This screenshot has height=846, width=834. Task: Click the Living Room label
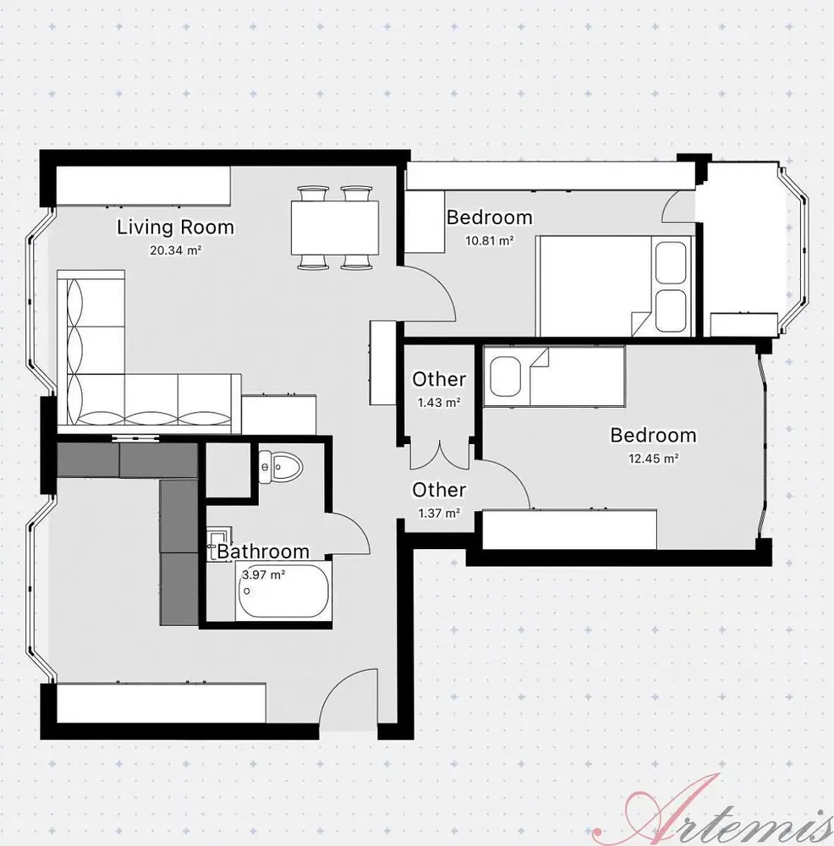pos(175,227)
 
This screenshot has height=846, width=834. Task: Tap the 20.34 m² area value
pos(176,250)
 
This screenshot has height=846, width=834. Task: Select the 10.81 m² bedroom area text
pos(489,240)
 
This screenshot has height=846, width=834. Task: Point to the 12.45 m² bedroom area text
pos(653,459)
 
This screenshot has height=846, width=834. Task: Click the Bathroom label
pos(263,552)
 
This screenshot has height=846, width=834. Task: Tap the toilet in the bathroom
pos(280,466)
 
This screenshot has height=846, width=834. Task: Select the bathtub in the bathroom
pos(283,591)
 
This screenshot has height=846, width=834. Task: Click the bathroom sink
pos(219,540)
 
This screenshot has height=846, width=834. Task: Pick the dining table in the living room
pos(334,227)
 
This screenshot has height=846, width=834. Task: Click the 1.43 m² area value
pos(439,403)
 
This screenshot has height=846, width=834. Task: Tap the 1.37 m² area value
pos(439,514)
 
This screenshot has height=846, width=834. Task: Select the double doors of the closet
pos(440,454)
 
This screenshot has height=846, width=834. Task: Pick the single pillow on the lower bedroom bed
pos(505,376)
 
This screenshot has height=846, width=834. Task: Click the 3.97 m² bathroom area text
pos(263,574)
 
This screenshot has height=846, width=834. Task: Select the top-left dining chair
pos(313,193)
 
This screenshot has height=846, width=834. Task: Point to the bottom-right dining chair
pos(357,261)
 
